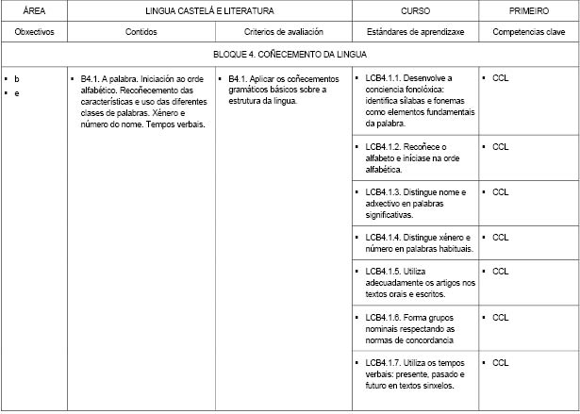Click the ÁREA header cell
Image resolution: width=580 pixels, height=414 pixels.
(34, 10)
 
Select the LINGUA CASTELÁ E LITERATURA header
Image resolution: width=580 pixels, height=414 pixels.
(209, 10)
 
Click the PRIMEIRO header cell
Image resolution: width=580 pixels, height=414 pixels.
(528, 10)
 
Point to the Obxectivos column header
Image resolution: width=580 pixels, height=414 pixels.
(34, 31)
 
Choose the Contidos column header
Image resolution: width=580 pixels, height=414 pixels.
(141, 31)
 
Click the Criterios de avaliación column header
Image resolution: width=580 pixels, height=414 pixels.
(283, 31)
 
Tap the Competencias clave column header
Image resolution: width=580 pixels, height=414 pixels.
(528, 31)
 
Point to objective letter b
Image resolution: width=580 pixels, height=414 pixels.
(16, 78)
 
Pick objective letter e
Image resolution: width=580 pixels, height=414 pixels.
(16, 91)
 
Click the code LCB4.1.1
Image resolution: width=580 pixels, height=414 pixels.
(382, 78)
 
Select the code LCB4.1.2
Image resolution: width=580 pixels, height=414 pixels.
(382, 147)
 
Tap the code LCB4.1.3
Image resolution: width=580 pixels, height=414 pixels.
(382, 192)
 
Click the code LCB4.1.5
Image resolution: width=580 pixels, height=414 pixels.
(382, 272)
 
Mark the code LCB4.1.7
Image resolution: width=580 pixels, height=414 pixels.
(382, 362)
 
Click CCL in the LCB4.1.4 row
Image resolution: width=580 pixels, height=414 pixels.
(500, 238)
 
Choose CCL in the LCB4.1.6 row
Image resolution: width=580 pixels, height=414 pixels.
(500, 317)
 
